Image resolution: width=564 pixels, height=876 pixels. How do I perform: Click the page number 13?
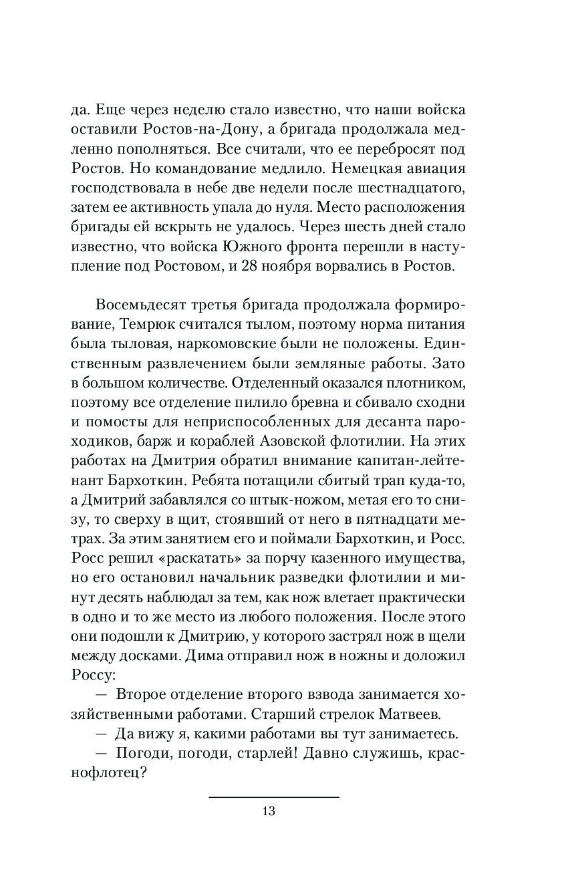[269, 811]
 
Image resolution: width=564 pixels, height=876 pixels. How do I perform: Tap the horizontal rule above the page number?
[274, 796]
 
